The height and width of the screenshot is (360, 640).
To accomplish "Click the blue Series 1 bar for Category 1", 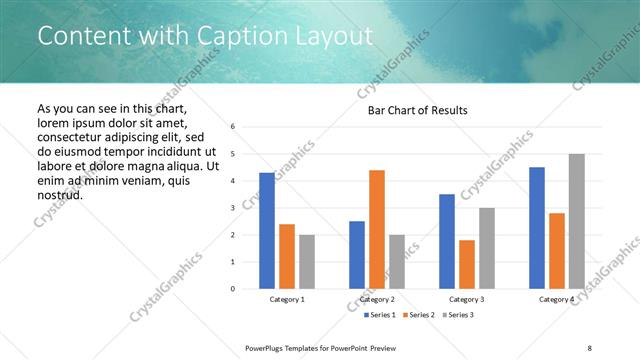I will pyautogui.click(x=267, y=231).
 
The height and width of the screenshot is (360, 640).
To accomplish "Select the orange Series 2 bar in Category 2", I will pyautogui.click(x=377, y=229).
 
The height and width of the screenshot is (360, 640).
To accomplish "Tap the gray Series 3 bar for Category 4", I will pyautogui.click(x=576, y=221).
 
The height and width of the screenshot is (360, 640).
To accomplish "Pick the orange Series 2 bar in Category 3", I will pyautogui.click(x=467, y=264).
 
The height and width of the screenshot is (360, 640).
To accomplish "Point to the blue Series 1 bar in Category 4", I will pyautogui.click(x=537, y=228).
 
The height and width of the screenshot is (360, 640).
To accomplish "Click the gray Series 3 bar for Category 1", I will pyautogui.click(x=306, y=262).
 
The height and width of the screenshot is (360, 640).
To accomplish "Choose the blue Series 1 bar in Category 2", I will pyautogui.click(x=357, y=255).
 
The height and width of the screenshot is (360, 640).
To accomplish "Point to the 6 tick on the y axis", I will pyautogui.click(x=232, y=127).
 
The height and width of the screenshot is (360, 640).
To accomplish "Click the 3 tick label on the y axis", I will pyautogui.click(x=232, y=208).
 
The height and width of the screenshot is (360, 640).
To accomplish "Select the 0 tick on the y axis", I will pyautogui.click(x=232, y=289).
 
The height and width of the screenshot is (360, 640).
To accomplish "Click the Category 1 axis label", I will pyautogui.click(x=287, y=299).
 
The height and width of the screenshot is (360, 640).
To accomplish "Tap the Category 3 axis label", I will pyautogui.click(x=467, y=299).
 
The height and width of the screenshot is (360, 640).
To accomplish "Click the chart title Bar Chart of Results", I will pyautogui.click(x=411, y=110).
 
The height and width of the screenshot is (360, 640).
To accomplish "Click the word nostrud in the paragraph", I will pyautogui.click(x=60, y=194).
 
